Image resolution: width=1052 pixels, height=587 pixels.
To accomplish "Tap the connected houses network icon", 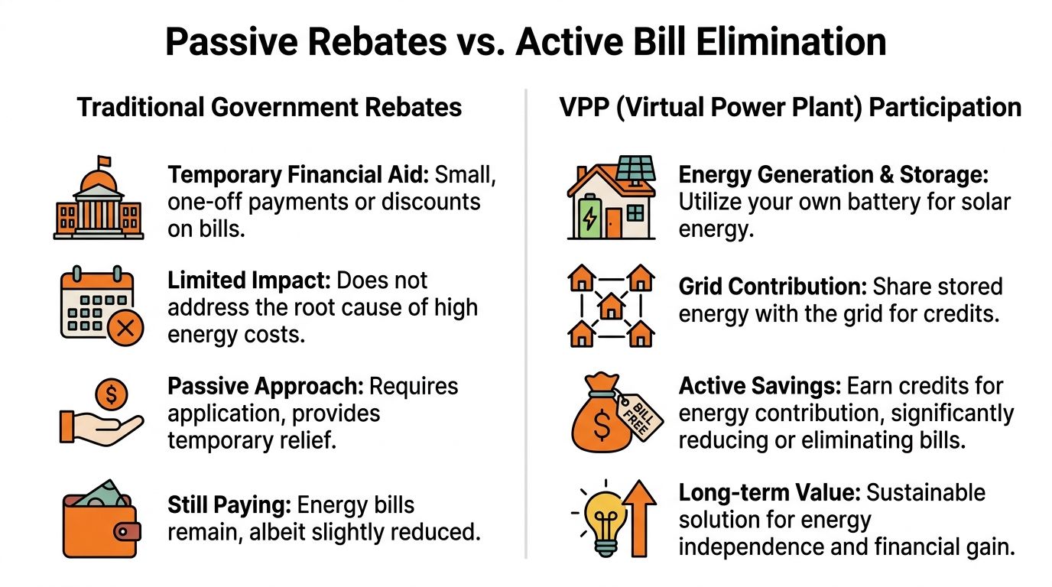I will coord(611,306).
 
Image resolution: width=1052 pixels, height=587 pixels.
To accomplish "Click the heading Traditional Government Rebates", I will coord(269,107).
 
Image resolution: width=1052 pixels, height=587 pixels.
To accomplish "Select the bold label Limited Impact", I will coord(248,281).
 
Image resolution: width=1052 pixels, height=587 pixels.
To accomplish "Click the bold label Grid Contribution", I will coord(771,287).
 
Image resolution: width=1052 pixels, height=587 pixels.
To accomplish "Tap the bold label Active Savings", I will coord(753,386).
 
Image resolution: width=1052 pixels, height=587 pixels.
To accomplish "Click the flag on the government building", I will coord(104,162).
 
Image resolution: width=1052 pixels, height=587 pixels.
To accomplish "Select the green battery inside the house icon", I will coord(590,219).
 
